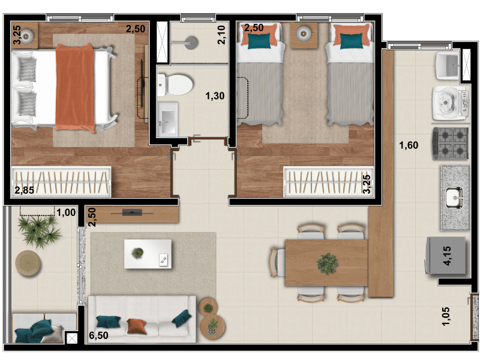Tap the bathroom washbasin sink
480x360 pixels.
pyautogui.click(x=167, y=119)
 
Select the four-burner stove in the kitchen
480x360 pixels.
pyautogui.click(x=451, y=143)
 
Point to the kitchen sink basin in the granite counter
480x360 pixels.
pyautogui.click(x=454, y=198)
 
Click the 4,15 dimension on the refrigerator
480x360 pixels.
pyautogui.click(x=447, y=256)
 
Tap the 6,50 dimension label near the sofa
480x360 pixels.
pyautogui.click(x=98, y=335)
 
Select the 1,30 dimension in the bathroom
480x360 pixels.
pyautogui.click(x=215, y=96)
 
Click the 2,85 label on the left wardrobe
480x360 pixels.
pyautogui.click(x=24, y=190)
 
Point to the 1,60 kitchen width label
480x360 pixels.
pyautogui.click(x=409, y=145)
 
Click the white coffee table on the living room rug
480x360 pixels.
pyautogui.click(x=148, y=254)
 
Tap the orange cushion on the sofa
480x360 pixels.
pyautogui.click(x=136, y=326)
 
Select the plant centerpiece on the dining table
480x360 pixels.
pyautogui.click(x=328, y=263)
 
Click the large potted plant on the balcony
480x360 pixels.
pyautogui.click(x=39, y=231)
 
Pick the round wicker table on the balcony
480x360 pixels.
pyautogui.click(x=28, y=263)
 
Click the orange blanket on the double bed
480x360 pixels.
pyautogui.click(x=76, y=88)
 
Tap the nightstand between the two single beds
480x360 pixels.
pyautogui.click(x=304, y=35)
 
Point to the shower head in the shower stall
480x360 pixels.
pyautogui.click(x=192, y=43)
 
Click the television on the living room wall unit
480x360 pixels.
pyautogui.click(x=132, y=212)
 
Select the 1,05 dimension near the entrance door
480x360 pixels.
pyautogui.click(x=446, y=316)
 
